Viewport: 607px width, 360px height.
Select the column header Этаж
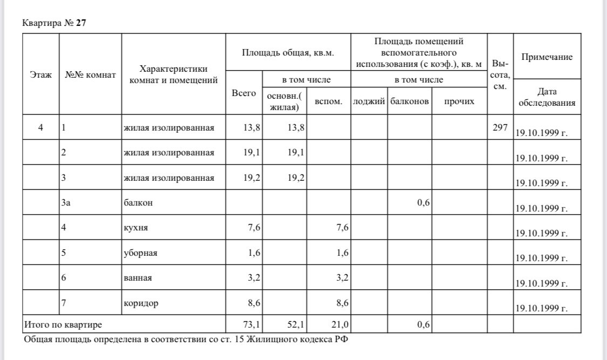(40, 75)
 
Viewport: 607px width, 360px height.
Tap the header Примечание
(547, 57)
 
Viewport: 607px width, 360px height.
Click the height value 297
(500, 127)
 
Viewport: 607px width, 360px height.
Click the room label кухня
(134, 228)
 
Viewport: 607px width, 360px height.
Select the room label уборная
(139, 253)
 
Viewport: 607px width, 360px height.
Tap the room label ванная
(138, 278)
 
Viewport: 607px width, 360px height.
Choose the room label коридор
(141, 303)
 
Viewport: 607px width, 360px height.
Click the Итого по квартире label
(63, 324)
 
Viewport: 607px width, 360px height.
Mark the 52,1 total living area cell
(294, 324)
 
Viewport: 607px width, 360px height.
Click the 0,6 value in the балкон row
(423, 202)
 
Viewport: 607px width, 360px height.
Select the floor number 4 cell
(40, 128)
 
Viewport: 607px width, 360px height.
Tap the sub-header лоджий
(368, 101)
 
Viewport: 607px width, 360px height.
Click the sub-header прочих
(459, 101)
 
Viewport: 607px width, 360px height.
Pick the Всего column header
(244, 93)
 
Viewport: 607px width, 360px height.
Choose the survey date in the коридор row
(541, 309)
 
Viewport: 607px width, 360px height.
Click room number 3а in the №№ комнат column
(67, 202)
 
